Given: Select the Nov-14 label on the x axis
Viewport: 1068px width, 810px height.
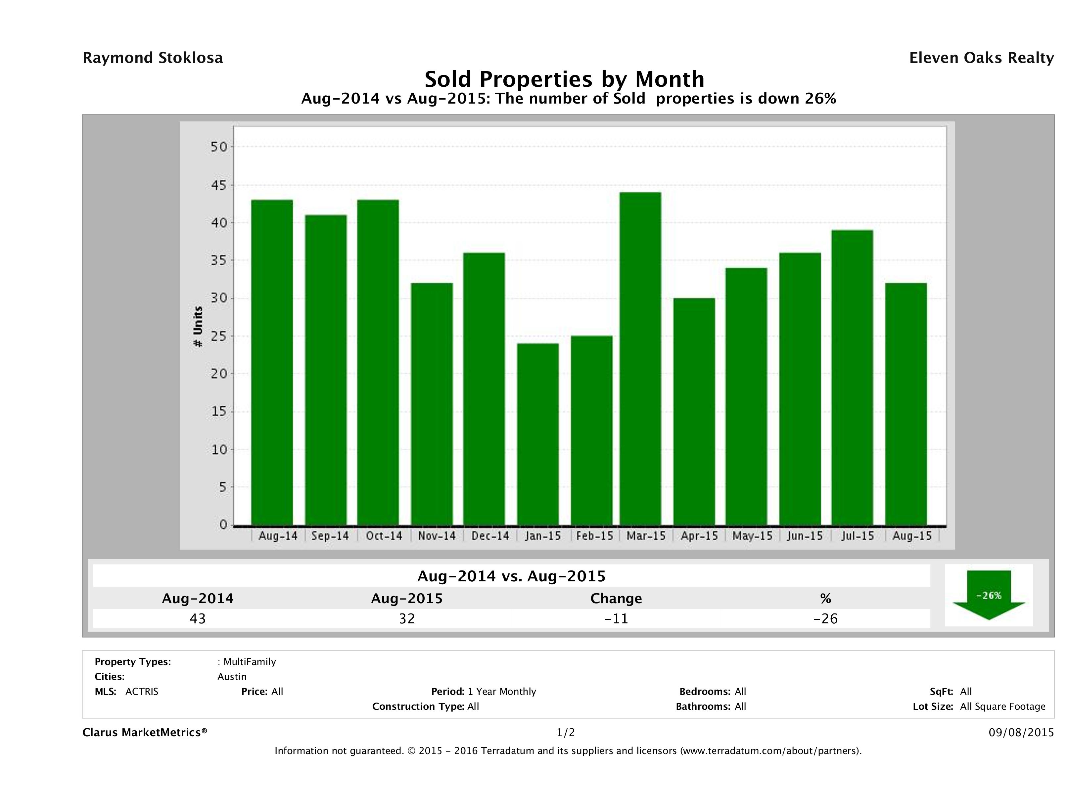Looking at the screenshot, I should point(437,536).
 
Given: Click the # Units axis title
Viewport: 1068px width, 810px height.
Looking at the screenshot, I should point(198,327).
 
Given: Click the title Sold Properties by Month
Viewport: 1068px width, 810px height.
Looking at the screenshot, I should point(564,79).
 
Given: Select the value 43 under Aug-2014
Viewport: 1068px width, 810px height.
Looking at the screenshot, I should point(198,618).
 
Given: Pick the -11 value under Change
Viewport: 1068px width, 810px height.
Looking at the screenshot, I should point(616,618).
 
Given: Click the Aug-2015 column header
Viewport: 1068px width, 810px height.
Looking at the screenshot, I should point(406,599).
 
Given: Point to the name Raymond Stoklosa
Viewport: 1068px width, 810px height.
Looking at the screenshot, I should point(153,58).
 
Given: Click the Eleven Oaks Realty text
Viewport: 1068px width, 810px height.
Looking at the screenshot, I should point(981,58).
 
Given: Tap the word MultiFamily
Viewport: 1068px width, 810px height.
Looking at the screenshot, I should point(250,662).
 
